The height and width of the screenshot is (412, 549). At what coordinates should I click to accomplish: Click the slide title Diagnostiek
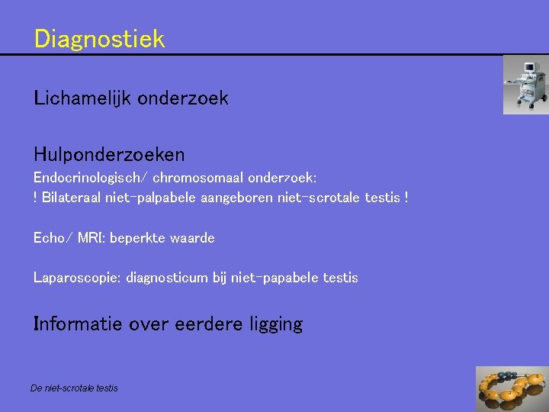pyautogui.click(x=99, y=38)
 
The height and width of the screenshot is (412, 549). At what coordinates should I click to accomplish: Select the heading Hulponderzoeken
pyautogui.click(x=109, y=155)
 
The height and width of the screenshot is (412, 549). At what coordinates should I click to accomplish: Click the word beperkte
pyautogui.click(x=139, y=238)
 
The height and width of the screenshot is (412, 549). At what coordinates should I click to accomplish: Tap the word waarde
pyautogui.click(x=194, y=238)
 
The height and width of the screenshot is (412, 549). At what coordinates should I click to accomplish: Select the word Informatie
pyautogui.click(x=78, y=324)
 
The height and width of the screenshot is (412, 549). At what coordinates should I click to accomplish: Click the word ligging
pyautogui.click(x=275, y=325)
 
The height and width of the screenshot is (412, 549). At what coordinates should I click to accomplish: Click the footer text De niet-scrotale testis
pyautogui.click(x=74, y=388)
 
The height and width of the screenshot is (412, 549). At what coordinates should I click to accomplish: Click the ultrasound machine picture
pyautogui.click(x=525, y=85)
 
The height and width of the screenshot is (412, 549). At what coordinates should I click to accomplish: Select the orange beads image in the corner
pyautogui.click(x=512, y=389)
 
